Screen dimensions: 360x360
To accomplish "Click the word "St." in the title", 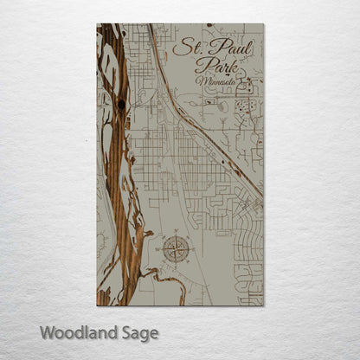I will [185, 47].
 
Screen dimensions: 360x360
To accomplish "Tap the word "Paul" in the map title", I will [225, 47].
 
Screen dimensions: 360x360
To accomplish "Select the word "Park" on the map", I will [213, 65].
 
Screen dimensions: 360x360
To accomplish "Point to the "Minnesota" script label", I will [218, 81].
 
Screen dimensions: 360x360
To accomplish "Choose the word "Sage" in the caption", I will [138, 333].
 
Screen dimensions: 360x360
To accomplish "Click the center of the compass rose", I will [177, 249].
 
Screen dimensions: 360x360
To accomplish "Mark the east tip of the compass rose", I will [191, 249].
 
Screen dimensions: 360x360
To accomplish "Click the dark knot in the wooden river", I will [121, 105].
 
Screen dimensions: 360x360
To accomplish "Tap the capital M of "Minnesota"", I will [202, 80].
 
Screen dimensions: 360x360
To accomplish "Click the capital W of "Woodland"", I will [48, 332].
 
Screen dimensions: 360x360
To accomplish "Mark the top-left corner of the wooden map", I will [97, 24].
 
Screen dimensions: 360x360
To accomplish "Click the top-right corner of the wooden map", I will [263, 24].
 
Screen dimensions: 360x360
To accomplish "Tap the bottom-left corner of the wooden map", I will [97, 305].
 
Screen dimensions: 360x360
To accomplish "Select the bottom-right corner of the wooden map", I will [263, 305].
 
